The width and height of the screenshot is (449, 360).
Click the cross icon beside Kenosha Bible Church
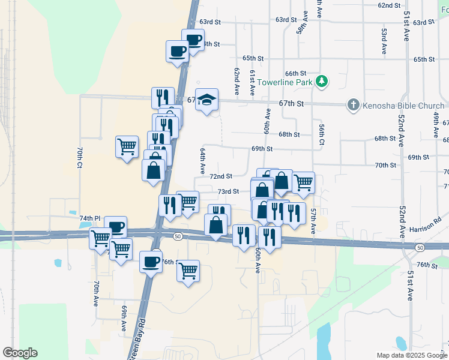pyautogui.click(x=353, y=106)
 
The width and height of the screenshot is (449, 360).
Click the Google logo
pyautogui.click(x=20, y=353)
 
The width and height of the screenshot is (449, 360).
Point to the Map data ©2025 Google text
pyautogui.click(x=411, y=355)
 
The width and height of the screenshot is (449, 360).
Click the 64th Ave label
pyautogui.click(x=203, y=161)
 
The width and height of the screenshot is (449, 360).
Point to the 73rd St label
pyautogui.click(x=228, y=191)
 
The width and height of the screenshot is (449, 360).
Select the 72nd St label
pyautogui.click(x=221, y=176)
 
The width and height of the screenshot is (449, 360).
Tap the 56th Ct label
pyautogui.click(x=322, y=134)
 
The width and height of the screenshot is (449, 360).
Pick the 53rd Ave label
pyautogui.click(x=384, y=41)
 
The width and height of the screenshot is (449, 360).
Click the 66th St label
pyautogui.click(x=296, y=73)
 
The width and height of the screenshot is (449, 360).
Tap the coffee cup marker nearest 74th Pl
pyautogui.click(x=116, y=227)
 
